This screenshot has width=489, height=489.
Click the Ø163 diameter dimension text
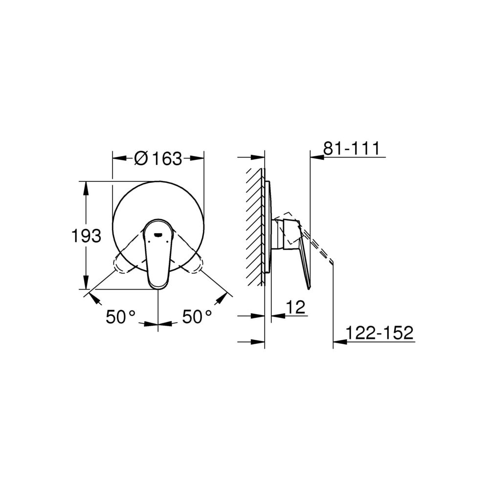pos(158,158)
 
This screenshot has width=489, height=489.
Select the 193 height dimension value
pos(87,236)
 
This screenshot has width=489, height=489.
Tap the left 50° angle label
pos(121,317)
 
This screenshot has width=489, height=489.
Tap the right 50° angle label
pos(197,317)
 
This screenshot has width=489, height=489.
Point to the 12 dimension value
pos(296,308)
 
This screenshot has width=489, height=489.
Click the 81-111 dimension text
pos(352,148)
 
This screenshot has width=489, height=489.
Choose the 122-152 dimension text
pos(380,333)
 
